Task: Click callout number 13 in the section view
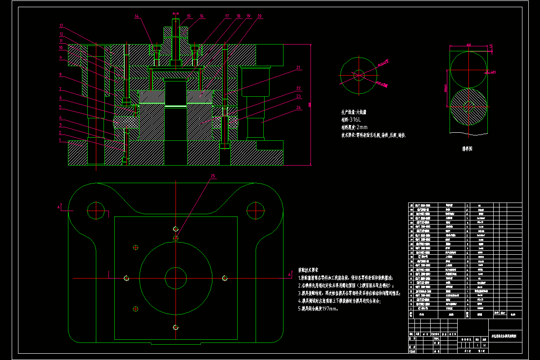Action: tap(61, 25)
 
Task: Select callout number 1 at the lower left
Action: tap(60, 139)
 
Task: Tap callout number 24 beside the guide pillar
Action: tap(298, 108)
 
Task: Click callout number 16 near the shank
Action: tap(202, 16)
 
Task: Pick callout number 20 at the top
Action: tap(260, 16)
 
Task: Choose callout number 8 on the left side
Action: tap(60, 74)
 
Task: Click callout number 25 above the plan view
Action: tap(213, 175)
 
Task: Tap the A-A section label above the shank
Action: tap(175, 14)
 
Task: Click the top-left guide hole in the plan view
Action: tap(95, 209)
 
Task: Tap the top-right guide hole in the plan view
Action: tap(255, 209)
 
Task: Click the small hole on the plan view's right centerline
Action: tap(225, 278)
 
